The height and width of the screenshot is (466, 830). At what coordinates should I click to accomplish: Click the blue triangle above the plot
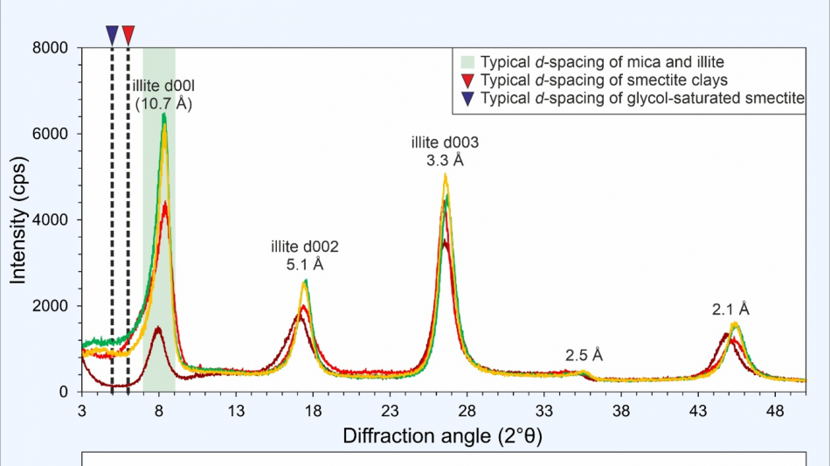tap(112, 34)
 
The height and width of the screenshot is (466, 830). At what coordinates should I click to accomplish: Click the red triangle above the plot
tap(128, 34)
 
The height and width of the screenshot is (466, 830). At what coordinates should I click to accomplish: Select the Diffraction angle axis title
tap(442, 435)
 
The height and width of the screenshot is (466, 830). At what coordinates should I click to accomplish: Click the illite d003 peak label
tap(446, 143)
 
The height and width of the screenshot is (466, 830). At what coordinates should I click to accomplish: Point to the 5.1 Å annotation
tap(305, 264)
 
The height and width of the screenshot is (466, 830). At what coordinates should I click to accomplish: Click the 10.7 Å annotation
tap(163, 103)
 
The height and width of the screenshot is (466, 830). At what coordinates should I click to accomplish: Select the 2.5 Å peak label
tap(584, 355)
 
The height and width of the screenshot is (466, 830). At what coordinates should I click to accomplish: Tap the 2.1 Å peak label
tap(730, 310)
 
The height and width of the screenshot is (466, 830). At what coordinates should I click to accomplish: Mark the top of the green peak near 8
tap(163, 115)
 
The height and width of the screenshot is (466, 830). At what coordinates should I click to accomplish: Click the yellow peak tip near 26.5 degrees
tap(446, 175)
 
